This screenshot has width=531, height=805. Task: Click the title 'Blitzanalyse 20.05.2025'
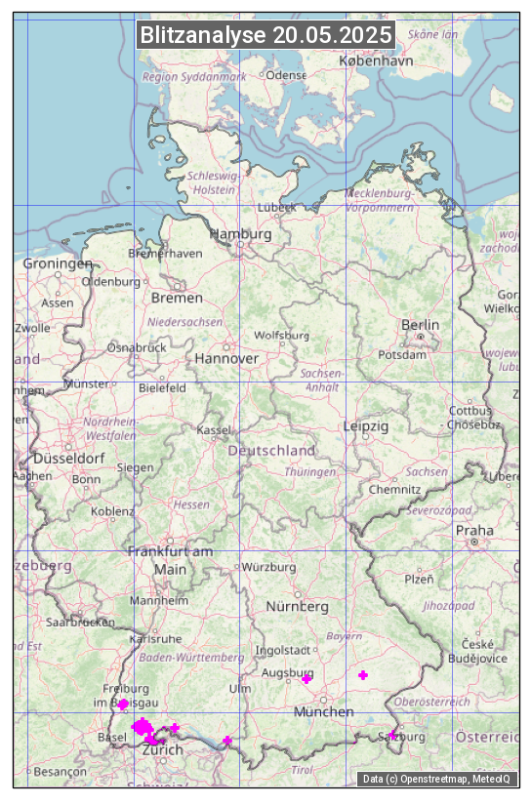[x=265, y=35]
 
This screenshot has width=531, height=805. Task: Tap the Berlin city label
[x=420, y=325]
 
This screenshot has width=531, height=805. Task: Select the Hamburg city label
[x=240, y=235]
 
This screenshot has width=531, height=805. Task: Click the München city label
[x=323, y=712]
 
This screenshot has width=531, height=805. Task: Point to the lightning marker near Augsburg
[x=306, y=678]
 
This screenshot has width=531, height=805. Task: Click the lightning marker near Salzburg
[x=393, y=735]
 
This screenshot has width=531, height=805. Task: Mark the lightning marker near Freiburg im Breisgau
[x=124, y=704]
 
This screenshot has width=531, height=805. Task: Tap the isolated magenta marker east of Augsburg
[x=363, y=675]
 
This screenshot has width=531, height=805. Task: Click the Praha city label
[x=474, y=531]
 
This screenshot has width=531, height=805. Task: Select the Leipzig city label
[x=366, y=426]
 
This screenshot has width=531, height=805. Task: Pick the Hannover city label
[x=226, y=358]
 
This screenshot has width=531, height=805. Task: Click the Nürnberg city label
[x=298, y=607]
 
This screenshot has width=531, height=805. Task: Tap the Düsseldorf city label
[x=68, y=458]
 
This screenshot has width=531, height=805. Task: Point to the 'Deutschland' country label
[x=271, y=451]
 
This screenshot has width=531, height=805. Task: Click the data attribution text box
[x=437, y=779]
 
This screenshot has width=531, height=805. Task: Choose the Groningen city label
[x=58, y=263]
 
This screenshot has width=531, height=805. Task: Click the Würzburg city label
[x=268, y=567]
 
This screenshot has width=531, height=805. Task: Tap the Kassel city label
[x=213, y=429]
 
